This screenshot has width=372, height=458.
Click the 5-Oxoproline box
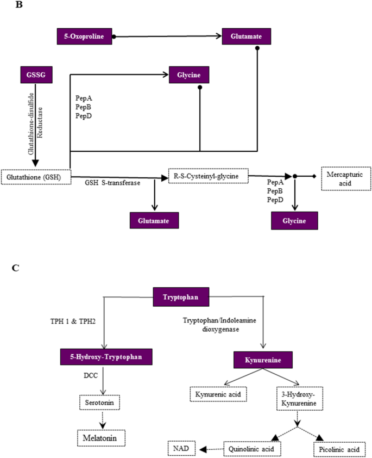(x=84, y=36)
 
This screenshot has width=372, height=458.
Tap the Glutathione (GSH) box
(x=36, y=177)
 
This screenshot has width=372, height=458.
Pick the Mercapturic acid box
(x=346, y=178)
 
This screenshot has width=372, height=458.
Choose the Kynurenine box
(x=263, y=360)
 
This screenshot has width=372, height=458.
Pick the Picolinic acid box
(x=337, y=449)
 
